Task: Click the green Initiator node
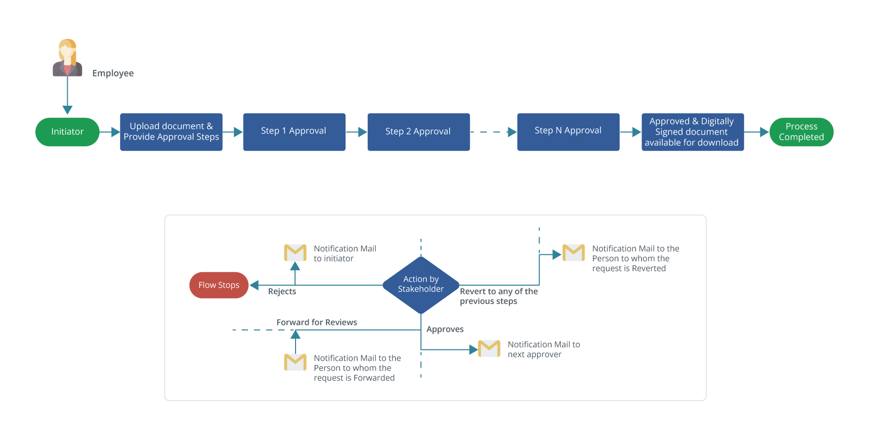click(67, 132)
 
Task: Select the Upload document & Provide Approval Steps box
click(171, 132)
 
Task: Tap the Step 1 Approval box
click(294, 132)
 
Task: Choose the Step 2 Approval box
click(418, 132)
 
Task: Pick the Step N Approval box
click(568, 132)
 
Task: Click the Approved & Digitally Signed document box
click(692, 132)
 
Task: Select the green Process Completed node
click(801, 132)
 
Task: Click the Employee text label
click(113, 73)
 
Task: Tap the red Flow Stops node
click(219, 285)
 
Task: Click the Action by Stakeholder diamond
click(421, 284)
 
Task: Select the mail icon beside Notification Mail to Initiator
click(295, 252)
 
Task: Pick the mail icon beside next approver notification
click(489, 349)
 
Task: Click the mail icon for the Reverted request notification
click(573, 252)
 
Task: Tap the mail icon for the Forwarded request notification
click(295, 362)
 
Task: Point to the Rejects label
click(282, 291)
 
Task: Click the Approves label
click(445, 329)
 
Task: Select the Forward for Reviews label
click(317, 322)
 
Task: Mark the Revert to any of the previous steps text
click(498, 296)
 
